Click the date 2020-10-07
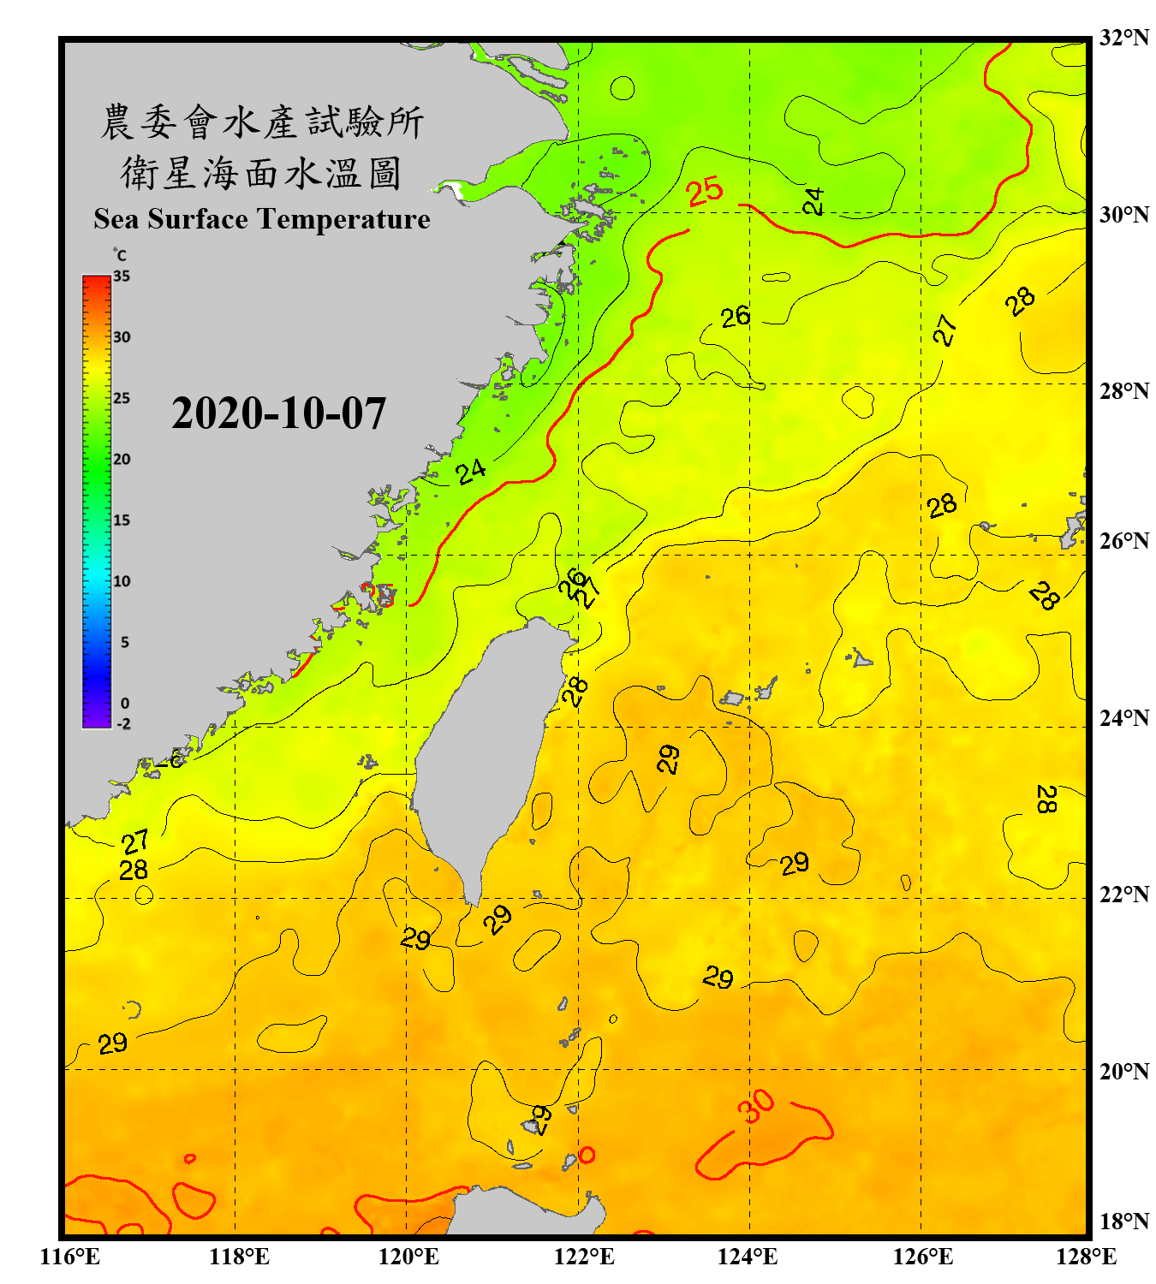278,413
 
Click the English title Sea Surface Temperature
262,219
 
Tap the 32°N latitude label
1123,38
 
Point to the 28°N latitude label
1123,391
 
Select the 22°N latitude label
1123,895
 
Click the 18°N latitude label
1123,1222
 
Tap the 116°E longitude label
70,1257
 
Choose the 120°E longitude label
408,1257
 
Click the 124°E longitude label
748,1257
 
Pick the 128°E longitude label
1086,1257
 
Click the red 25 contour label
705,192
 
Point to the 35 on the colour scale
122,276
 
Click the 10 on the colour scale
122,581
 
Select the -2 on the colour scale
123,724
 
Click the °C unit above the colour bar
120,255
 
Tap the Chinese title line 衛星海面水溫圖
261,173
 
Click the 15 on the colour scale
122,520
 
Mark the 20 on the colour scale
122,460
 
